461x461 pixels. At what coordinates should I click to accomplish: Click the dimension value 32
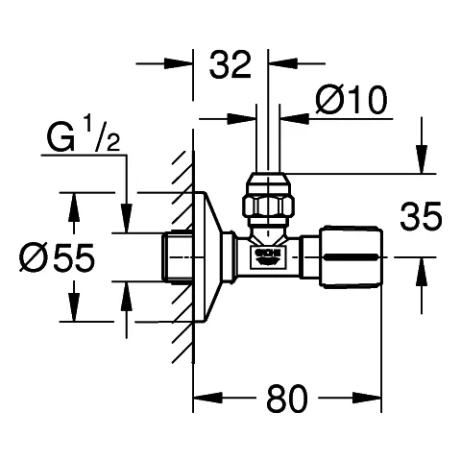coord(230,65)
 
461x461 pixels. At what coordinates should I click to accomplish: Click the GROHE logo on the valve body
coord(267,255)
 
